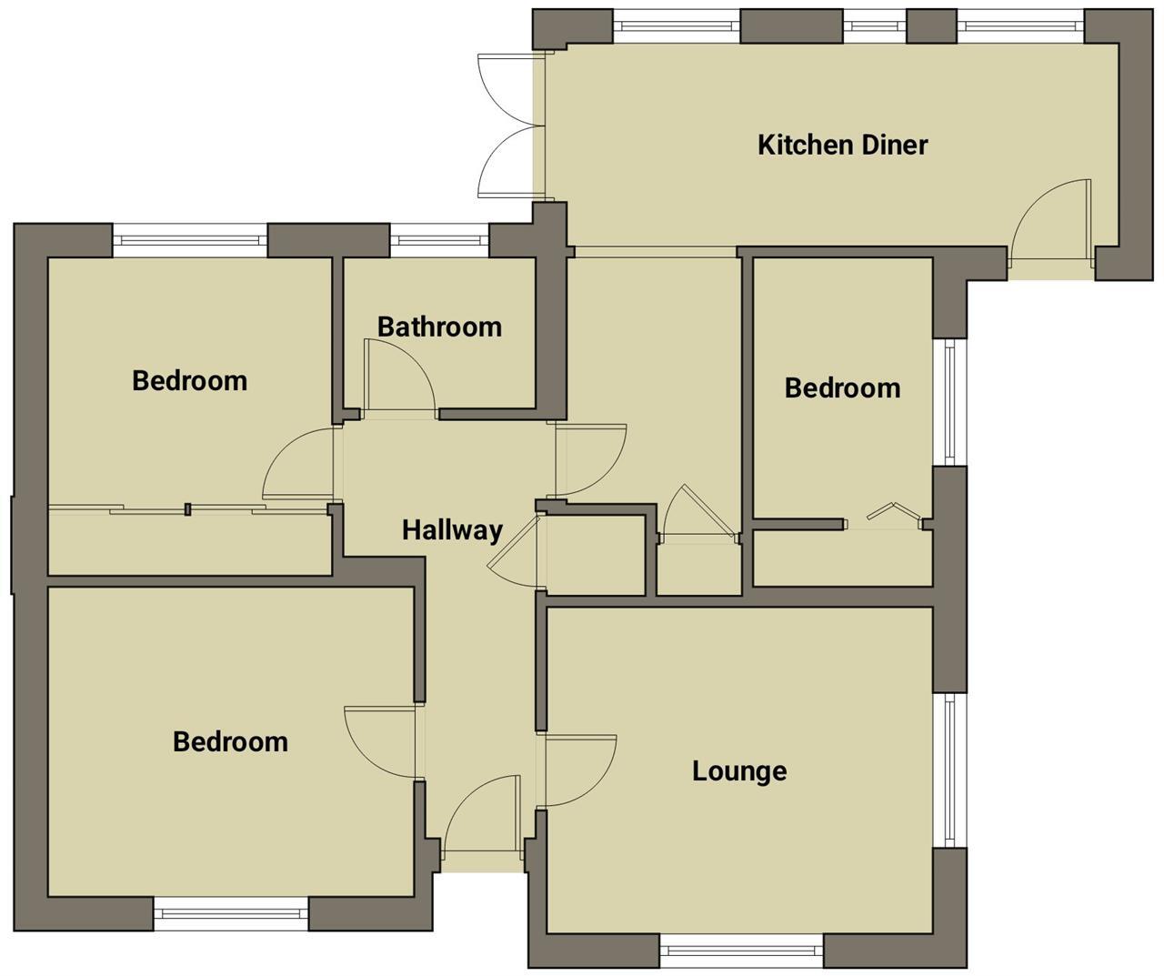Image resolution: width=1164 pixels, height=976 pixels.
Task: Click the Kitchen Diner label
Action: (842, 145)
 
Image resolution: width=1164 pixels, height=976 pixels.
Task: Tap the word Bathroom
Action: (439, 327)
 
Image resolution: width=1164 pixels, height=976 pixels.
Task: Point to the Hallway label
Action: (452, 529)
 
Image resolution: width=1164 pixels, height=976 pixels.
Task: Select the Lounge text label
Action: (739, 771)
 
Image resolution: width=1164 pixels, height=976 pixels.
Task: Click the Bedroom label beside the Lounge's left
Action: (230, 741)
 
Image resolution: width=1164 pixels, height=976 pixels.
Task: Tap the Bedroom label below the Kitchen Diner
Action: (842, 388)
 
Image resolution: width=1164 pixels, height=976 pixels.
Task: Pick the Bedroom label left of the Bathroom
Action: (189, 380)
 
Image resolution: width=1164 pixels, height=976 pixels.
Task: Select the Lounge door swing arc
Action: (582, 770)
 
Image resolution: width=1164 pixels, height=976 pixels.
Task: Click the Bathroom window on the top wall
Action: (439, 241)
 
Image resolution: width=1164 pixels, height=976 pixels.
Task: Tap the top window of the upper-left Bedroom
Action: (190, 241)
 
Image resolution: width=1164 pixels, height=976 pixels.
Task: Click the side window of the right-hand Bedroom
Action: (949, 402)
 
